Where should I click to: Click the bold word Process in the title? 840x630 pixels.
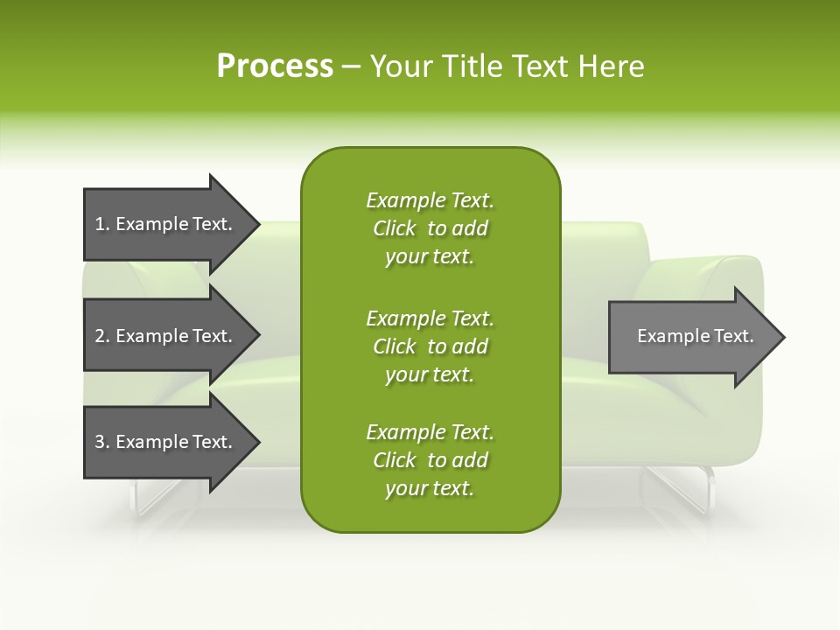pos(275,66)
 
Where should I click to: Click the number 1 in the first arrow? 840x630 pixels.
pos(100,225)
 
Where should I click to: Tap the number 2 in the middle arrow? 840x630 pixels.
pos(100,336)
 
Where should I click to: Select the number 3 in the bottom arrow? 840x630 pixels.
pos(100,442)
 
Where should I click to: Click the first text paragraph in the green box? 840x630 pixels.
pos(430,228)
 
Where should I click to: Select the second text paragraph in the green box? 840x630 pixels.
pos(430,346)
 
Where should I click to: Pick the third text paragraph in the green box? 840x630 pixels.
pos(430,460)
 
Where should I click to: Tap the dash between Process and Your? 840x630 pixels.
pos(351,66)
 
